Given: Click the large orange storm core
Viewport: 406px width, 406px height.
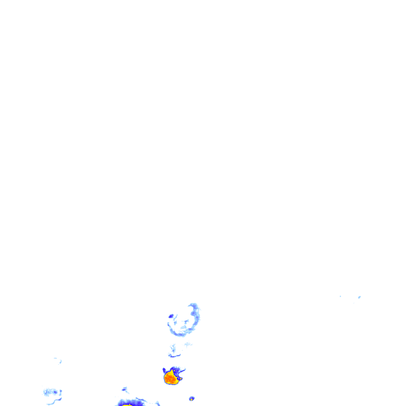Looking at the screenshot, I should pos(171,377).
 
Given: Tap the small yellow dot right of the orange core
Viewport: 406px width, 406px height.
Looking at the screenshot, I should pos(180,379).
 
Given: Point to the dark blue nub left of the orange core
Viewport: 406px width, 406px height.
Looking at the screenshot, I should pos(164,370).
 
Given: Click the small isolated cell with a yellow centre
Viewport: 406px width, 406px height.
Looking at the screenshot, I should pos(192,398).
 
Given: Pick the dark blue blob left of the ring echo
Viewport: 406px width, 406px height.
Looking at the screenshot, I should pos(171,316).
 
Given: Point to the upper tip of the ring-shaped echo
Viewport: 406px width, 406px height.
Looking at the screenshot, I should pos(193,305).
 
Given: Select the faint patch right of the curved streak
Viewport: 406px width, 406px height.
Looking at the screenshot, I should pos(188,344).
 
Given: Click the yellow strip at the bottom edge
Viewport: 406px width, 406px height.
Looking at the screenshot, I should pos(127,405).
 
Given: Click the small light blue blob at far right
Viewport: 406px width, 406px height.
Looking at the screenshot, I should pos(359,297).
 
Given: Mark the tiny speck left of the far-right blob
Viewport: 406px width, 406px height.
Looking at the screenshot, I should pos(340,296).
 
